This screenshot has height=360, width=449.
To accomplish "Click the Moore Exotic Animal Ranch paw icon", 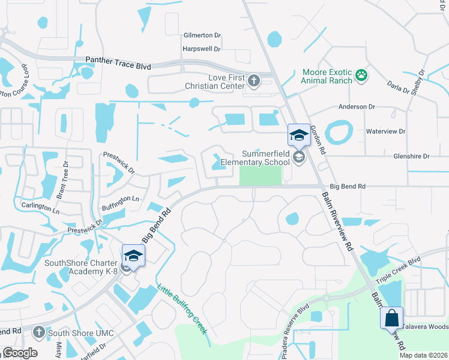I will pos(361,75).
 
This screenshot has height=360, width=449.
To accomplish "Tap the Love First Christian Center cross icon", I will pos(254,81).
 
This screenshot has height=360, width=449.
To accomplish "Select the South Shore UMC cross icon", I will pos(39,332).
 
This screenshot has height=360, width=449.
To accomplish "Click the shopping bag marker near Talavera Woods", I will pos(391,318).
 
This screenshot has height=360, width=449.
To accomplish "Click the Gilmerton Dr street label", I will pos(202,35).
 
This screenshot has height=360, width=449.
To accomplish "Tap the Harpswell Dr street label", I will pos(202,49).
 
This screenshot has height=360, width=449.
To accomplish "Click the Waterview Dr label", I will pos(386,131).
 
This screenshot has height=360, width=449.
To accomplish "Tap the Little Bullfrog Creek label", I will pos(182,309).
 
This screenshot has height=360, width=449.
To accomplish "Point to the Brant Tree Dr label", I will pos(59,181).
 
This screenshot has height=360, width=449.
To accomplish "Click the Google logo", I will pos(19,353).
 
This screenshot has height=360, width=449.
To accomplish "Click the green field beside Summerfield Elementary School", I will pos(261,176).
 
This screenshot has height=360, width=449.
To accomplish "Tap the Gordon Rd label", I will pos(318,140).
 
